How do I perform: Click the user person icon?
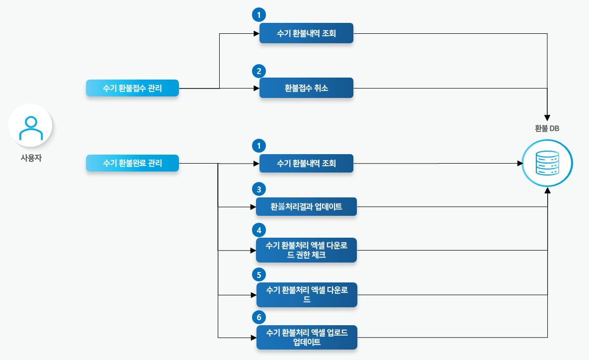click(x=30, y=128)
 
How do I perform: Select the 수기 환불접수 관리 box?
click(x=132, y=88)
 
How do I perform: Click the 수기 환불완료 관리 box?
click(x=132, y=163)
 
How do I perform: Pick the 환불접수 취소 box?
click(x=306, y=88)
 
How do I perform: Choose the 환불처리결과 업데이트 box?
click(x=306, y=206)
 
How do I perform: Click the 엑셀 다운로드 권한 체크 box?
click(x=306, y=250)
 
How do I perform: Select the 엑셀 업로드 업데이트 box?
click(x=306, y=338)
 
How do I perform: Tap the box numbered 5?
click(x=306, y=294)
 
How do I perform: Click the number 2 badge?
click(x=259, y=71)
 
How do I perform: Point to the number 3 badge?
click(x=259, y=189)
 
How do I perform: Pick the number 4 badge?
click(x=259, y=230)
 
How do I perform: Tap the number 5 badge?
click(x=259, y=274)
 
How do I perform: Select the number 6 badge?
click(x=259, y=317)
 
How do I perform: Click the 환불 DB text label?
click(x=547, y=128)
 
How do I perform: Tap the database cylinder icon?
click(x=547, y=163)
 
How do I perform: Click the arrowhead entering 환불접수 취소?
click(x=256, y=89)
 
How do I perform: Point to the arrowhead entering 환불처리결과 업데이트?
click(x=252, y=206)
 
